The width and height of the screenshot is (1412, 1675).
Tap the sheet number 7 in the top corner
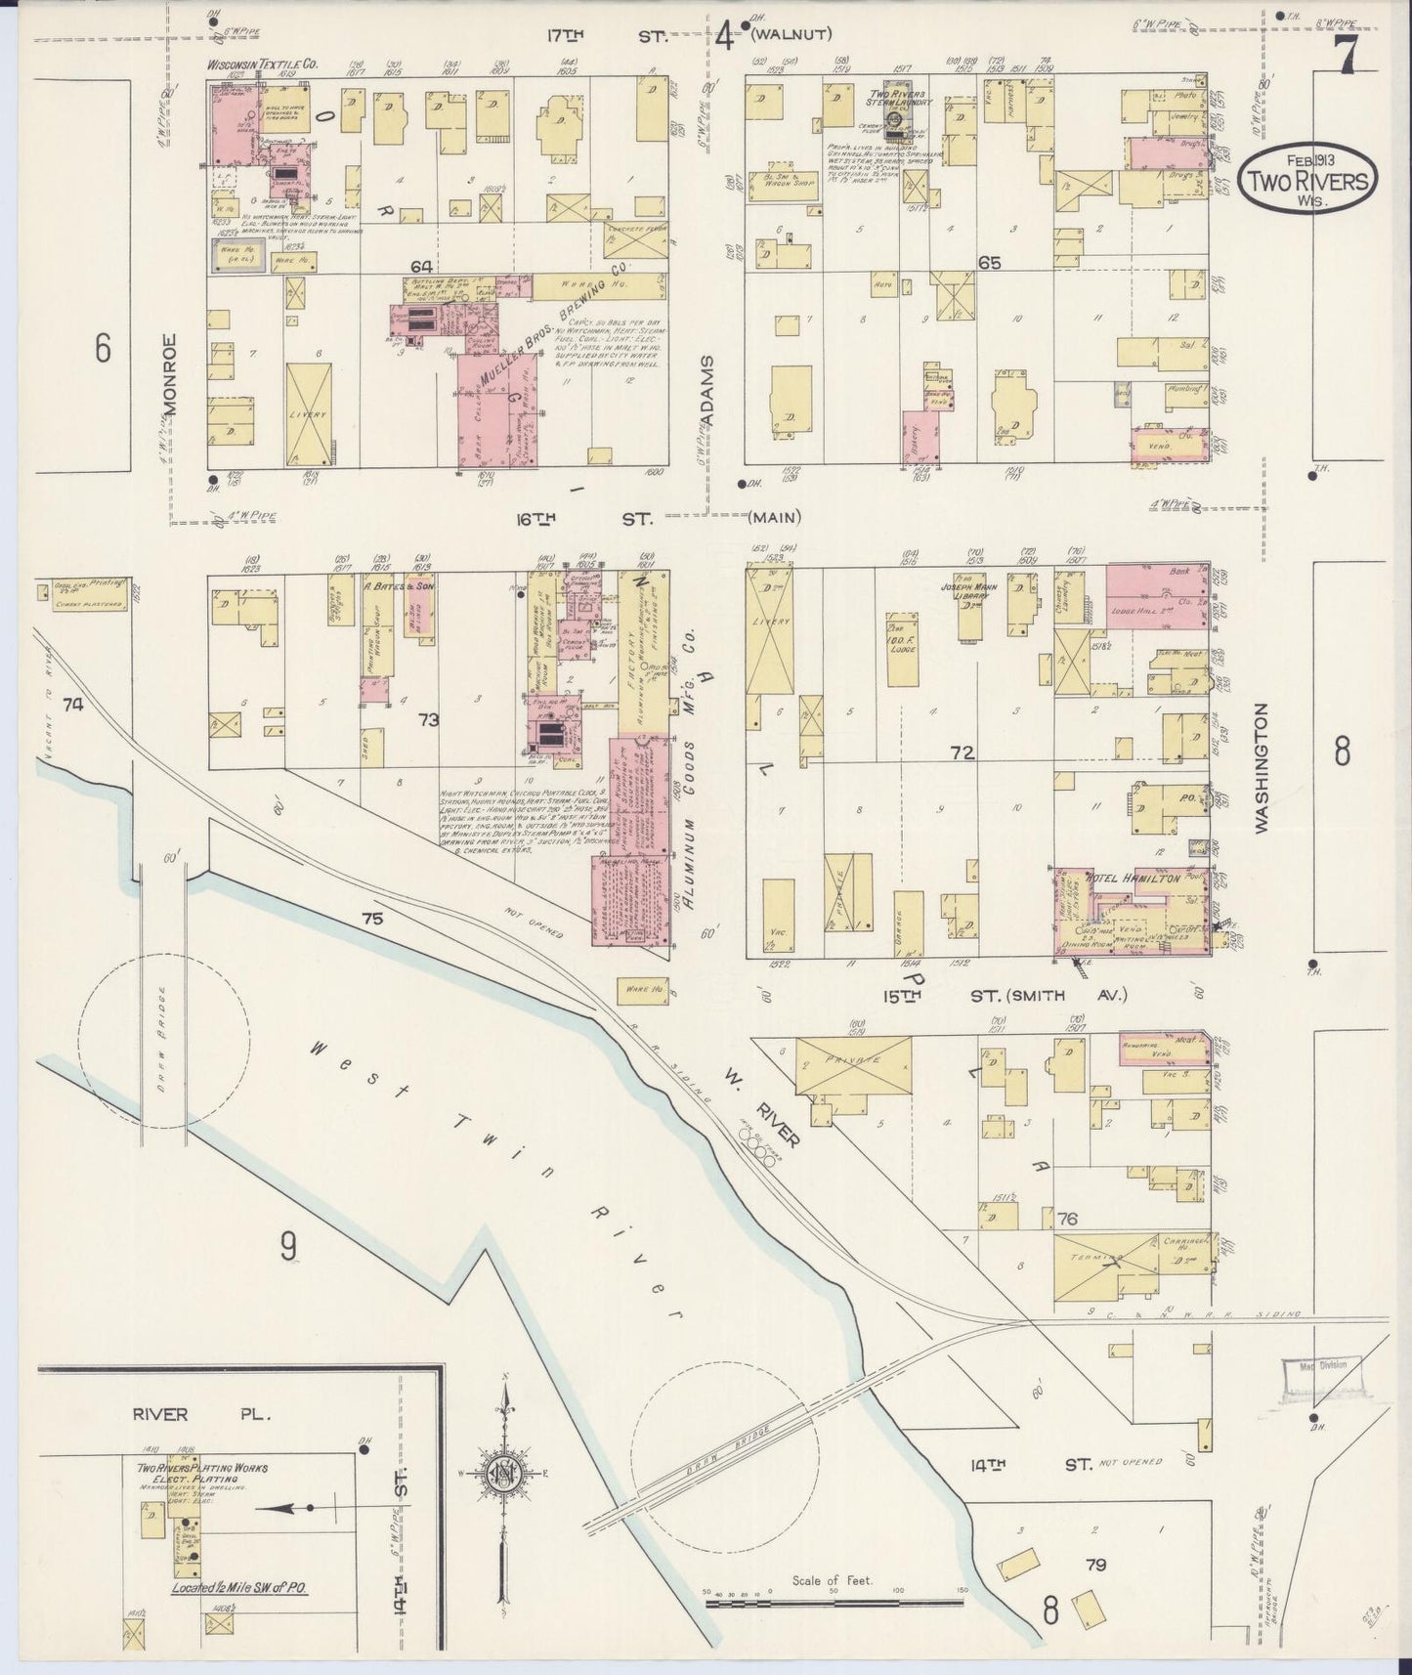(x=1346, y=57)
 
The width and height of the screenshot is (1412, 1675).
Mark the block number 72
(x=963, y=752)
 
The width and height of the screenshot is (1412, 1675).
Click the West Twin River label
(x=489, y=1173)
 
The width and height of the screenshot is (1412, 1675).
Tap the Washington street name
(x=1261, y=767)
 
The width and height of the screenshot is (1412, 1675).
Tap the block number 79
(x=1095, y=1565)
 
